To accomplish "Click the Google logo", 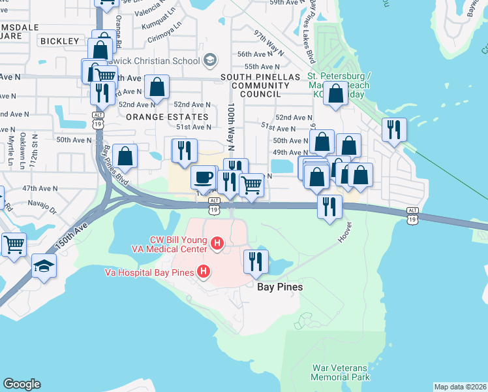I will point(22,384).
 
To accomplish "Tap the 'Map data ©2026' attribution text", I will point(460,387).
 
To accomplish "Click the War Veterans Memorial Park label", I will point(340,372).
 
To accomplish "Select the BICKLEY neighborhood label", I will point(59,41).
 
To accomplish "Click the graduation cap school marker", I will point(44,265).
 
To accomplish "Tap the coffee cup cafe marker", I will point(204,177).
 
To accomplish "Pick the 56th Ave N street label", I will point(254,54).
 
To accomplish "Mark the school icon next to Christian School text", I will point(209,61).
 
